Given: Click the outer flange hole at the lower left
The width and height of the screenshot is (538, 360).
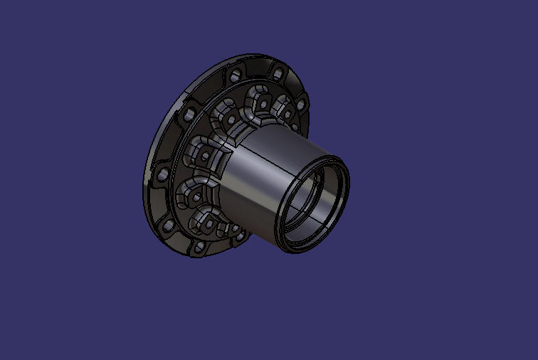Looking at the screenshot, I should click(169, 226).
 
